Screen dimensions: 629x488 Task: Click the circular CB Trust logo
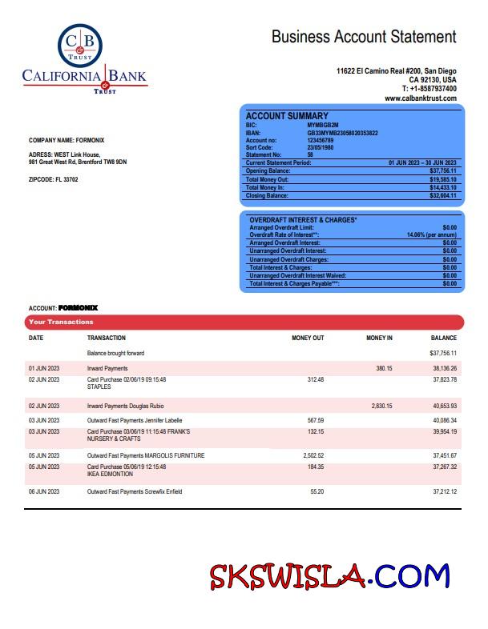click(x=80, y=45)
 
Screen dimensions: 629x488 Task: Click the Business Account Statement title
click(x=364, y=36)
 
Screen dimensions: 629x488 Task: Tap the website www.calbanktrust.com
click(x=420, y=98)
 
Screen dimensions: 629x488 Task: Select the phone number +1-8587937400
click(x=434, y=89)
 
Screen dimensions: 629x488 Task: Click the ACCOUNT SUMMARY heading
click(x=286, y=116)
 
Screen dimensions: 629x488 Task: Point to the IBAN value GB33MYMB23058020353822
click(x=342, y=133)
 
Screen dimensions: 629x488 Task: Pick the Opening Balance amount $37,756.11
click(x=442, y=171)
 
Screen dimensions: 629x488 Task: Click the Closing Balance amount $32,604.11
click(x=442, y=195)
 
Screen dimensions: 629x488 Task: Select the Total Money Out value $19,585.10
click(x=442, y=179)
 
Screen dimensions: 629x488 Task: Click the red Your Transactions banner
click(x=244, y=322)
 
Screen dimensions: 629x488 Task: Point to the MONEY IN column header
click(x=379, y=339)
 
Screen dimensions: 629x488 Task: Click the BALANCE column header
click(x=443, y=339)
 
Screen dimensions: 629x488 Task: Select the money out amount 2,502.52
click(x=313, y=455)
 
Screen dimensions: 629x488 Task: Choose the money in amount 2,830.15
click(x=381, y=406)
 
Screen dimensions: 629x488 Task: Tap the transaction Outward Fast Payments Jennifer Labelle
click(x=135, y=420)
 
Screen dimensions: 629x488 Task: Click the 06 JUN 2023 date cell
click(x=44, y=491)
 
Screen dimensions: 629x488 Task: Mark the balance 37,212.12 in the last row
click(x=445, y=491)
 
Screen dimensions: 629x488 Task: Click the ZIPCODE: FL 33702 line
click(x=54, y=179)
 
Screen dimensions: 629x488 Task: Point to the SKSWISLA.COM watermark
click(x=329, y=576)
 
